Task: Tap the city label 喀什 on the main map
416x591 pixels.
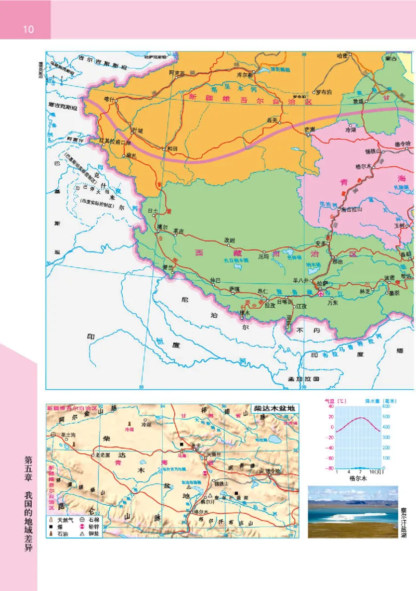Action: [109, 98]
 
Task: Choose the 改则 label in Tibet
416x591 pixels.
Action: [229, 240]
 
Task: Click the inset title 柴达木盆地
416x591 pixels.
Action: [272, 409]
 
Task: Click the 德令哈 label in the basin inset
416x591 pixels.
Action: [272, 471]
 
